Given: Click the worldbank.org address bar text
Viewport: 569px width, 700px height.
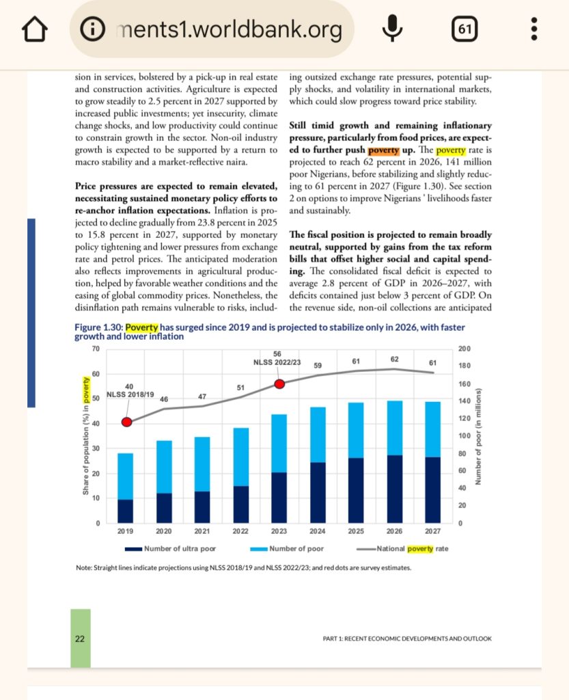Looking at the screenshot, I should (228, 29).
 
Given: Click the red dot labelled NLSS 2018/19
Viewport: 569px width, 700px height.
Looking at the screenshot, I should (126, 422).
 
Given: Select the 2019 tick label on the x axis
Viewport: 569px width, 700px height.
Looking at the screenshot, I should (126, 531).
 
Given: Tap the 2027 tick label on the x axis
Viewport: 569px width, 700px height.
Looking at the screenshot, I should (432, 531).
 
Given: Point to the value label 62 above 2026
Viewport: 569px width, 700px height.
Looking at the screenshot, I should (395, 359).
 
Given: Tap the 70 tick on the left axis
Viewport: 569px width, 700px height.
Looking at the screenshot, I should (96, 349).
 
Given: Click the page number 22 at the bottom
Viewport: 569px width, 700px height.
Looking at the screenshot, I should (80, 638).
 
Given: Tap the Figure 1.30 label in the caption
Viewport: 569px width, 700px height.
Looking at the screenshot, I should (94, 327).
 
